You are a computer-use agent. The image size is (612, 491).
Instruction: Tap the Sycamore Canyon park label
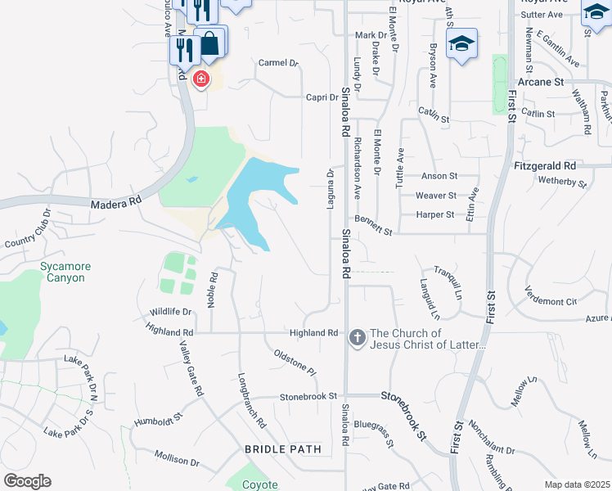65,273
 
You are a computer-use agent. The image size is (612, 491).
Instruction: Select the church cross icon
357,337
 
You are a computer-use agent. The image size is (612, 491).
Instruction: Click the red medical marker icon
200,79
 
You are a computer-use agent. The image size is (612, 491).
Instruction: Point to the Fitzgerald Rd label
546,165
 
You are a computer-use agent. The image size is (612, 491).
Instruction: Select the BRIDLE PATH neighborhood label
279,449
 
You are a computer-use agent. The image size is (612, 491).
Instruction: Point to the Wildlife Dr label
170,312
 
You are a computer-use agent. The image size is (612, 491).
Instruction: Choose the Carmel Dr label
279,63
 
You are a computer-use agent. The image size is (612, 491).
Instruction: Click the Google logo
27,481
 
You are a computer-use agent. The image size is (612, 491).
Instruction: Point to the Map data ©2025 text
577,484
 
